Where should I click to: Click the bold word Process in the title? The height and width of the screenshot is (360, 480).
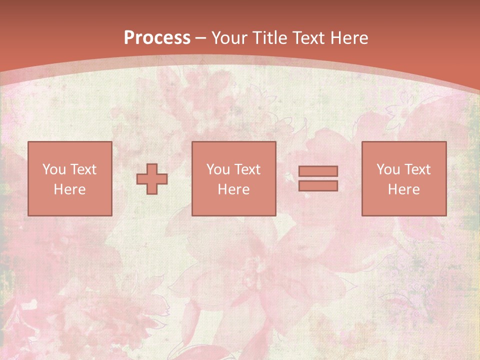157,38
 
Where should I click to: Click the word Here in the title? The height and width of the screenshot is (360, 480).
349,38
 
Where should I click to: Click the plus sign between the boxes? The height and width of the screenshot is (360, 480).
152,178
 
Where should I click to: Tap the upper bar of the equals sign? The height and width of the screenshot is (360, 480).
318,171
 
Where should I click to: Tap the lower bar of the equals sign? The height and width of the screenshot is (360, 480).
318,185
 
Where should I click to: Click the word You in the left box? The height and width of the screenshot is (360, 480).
54,169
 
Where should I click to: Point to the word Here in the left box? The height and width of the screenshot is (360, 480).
69,189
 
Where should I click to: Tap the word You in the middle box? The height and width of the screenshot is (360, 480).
218,169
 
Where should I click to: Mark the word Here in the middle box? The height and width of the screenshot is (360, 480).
233,189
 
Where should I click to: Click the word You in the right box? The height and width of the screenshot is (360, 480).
388,169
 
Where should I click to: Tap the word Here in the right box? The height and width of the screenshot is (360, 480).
403,189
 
